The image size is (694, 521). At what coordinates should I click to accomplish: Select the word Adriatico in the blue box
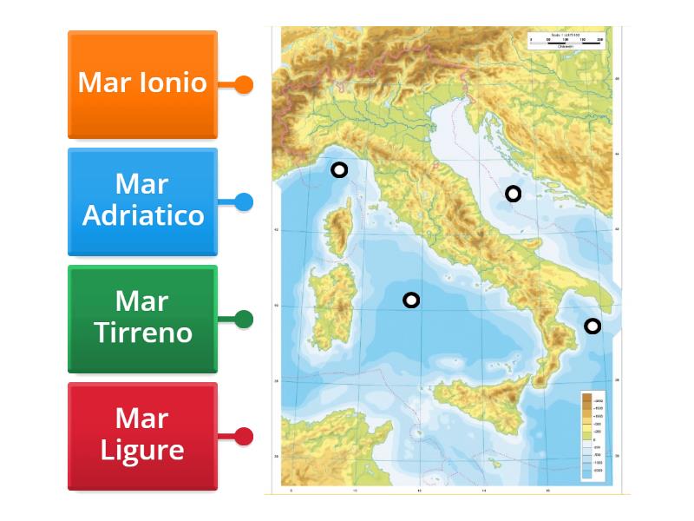[x=143, y=215]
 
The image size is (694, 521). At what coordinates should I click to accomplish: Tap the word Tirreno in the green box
[x=143, y=333]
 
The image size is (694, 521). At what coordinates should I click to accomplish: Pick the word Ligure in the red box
[x=142, y=450]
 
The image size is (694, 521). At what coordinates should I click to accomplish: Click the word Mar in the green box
[x=141, y=301]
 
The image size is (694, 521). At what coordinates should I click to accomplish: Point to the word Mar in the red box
[x=141, y=419]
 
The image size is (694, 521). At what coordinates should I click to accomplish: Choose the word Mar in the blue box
[x=141, y=184]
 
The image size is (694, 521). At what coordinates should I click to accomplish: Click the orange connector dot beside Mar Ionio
[x=244, y=84]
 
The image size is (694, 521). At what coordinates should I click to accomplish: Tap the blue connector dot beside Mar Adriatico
[x=244, y=201]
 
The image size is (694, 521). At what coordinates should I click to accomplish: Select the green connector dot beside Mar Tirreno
[x=244, y=319]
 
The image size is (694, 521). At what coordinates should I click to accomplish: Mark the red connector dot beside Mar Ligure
[x=244, y=436]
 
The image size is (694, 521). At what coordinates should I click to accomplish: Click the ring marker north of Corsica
[x=339, y=170]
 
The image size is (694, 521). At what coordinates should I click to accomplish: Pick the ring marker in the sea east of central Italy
[x=514, y=194]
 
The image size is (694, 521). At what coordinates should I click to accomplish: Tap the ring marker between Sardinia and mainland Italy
[x=411, y=300]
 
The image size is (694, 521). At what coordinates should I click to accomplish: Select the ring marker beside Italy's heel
[x=593, y=326]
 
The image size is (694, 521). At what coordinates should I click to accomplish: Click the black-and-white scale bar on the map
[x=565, y=42]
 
